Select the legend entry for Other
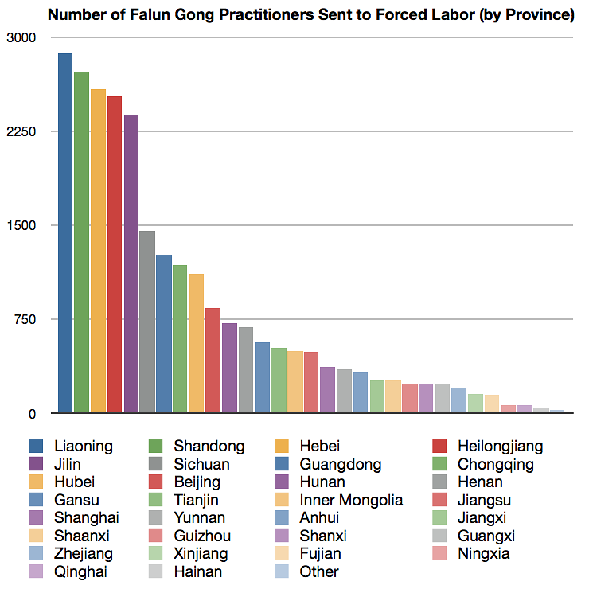319,571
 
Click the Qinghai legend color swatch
37,571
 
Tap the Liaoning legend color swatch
37,446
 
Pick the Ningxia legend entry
483,553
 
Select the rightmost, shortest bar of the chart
557,411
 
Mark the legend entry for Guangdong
340,464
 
